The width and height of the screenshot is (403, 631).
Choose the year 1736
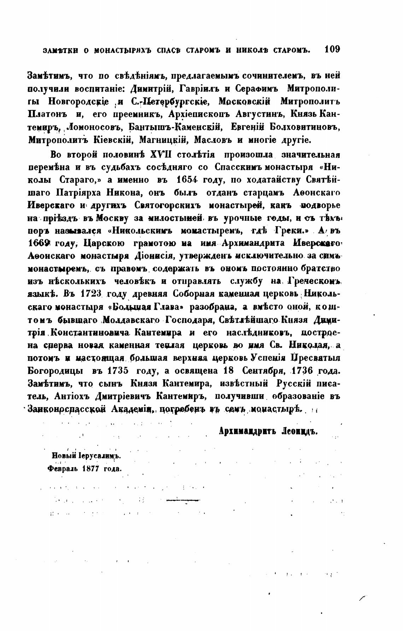pos(303,371)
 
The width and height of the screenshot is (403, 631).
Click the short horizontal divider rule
pos(183,500)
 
